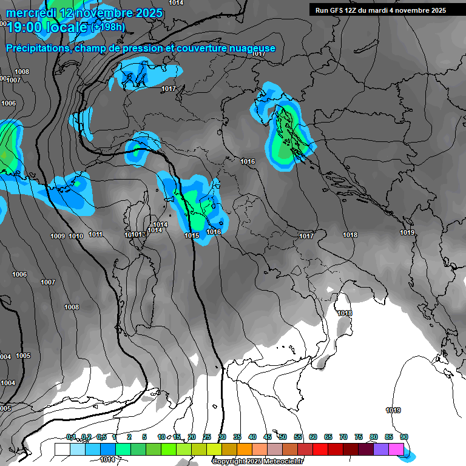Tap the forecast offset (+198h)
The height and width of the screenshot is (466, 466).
coord(108,27)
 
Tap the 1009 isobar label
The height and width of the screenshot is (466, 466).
coord(58,236)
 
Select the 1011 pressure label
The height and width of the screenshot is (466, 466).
coord(95,234)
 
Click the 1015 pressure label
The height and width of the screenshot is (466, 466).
coord(192,235)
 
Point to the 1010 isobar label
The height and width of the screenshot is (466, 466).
coord(76,236)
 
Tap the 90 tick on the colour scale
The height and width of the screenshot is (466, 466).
coord(404,437)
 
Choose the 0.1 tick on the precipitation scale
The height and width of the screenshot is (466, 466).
coord(71,437)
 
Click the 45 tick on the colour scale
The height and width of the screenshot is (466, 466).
coord(268,437)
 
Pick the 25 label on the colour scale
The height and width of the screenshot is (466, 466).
coord(207,437)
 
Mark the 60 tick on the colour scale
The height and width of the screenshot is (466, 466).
coord(313,437)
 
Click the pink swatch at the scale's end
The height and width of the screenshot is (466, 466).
coord(396,449)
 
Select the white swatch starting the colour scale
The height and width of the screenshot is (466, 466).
coord(62,449)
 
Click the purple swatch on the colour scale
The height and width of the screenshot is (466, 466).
coord(381,449)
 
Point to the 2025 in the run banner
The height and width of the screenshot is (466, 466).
coord(436,10)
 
